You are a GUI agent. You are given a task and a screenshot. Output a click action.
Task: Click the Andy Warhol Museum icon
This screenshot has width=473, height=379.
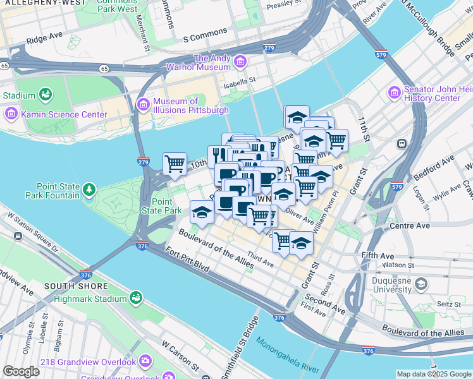pos(240,62)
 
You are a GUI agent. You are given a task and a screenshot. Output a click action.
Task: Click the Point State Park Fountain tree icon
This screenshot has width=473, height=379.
pos(89,189)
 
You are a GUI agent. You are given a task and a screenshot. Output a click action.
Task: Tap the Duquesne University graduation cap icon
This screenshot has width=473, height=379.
pos(421,286)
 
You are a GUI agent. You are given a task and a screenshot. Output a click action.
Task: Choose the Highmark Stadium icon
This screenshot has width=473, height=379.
pos(135,297)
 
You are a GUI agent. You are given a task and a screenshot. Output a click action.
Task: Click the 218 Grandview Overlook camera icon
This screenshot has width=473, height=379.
pos(145,361)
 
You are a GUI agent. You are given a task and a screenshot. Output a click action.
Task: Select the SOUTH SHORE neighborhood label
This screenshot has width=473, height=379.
pos(68,286)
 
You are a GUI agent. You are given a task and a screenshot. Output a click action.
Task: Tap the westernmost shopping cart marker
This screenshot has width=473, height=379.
pos(175,164)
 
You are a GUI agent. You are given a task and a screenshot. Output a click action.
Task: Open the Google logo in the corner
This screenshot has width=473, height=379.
pos(21,371)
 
